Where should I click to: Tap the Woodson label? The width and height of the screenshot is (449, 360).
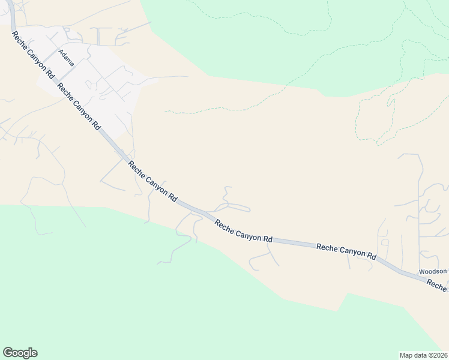coord(433,271)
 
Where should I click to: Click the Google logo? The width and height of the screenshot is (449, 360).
coord(20,353)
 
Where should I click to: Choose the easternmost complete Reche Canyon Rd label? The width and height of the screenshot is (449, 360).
coord(346,250)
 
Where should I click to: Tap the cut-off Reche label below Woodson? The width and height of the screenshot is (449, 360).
coord(438,287)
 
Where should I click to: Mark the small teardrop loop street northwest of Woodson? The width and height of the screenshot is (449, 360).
coord(384,242)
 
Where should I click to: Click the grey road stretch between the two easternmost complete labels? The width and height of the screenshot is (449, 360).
coord(294,243)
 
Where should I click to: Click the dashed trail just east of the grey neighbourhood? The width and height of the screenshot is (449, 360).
coord(180,111)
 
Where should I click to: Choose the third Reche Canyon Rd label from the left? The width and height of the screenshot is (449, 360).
coord(154,181)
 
